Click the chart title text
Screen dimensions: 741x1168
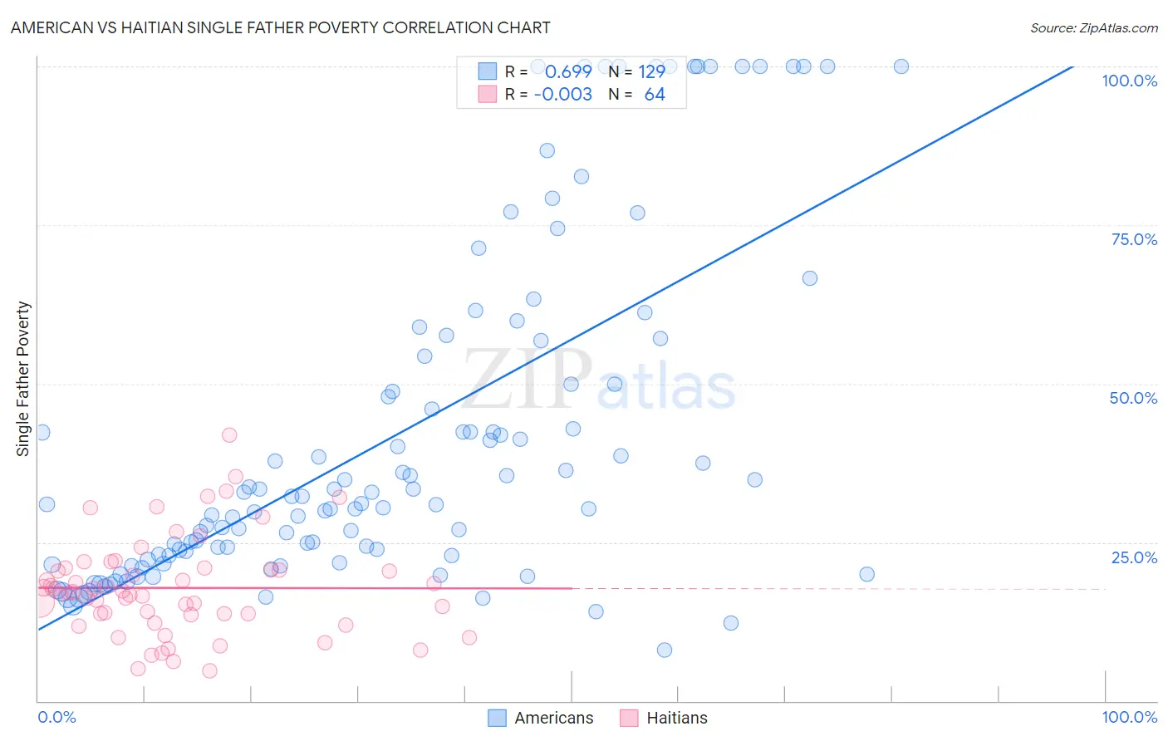(280, 27)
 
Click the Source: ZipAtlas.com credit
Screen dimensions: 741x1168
(1093, 27)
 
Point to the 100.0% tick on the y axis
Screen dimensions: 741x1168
(1129, 81)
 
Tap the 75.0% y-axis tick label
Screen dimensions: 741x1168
(1133, 239)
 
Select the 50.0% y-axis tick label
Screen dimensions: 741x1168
(1133, 398)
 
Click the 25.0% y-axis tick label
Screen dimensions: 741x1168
(1133, 557)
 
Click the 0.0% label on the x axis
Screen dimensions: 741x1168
(56, 717)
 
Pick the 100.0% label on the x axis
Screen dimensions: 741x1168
(1129, 717)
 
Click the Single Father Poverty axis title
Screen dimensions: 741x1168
(22, 379)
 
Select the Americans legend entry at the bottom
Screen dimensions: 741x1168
(541, 718)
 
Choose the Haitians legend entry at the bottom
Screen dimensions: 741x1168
(664, 718)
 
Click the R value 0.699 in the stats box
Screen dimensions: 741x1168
(568, 72)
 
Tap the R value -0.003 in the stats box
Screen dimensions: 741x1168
(563, 95)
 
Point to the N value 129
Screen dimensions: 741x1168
(651, 72)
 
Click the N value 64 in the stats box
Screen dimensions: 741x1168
(655, 95)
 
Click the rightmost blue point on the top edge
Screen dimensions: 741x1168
(901, 66)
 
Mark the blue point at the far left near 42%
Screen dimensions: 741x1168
(42, 432)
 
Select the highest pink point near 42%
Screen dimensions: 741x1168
(229, 434)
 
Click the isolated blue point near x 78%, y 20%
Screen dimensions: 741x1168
(866, 574)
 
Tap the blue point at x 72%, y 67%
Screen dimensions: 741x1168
(810, 278)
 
